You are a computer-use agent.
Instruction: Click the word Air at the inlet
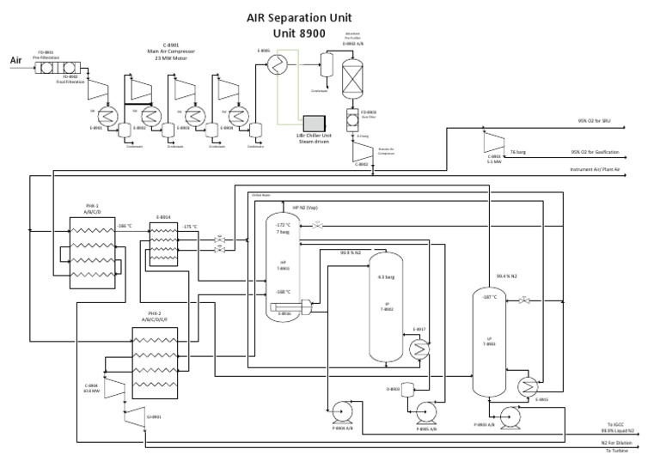coord(15,60)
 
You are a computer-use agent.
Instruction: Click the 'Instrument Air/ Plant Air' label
coord(594,171)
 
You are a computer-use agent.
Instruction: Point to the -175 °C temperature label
coord(191,227)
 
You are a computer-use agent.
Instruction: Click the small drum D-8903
coord(395,388)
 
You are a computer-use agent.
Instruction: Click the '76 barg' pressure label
coord(518,152)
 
